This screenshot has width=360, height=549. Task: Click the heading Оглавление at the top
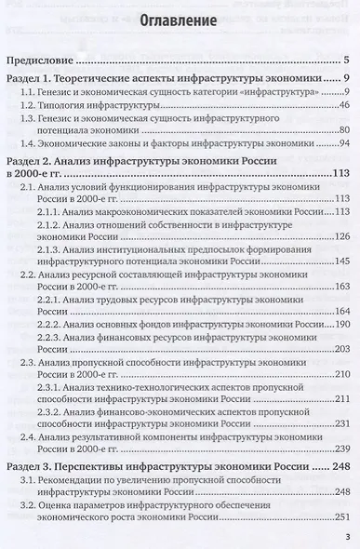pos(179,20)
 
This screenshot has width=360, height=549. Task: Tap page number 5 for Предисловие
pos(344,59)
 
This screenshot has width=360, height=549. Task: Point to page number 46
pos(340,108)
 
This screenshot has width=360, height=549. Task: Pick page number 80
pos(340,130)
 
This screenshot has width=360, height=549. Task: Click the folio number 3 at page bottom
pos(346,537)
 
